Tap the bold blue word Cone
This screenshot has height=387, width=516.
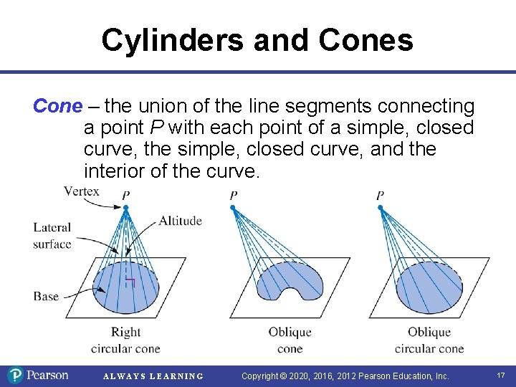57,107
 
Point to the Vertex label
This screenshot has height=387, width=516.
81,191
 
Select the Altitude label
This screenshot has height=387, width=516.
180,220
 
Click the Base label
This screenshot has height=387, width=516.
46,296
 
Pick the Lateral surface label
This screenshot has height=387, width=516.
52,236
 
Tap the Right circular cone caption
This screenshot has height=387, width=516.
125,340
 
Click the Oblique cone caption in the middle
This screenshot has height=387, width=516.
290,340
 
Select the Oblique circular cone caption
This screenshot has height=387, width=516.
429,340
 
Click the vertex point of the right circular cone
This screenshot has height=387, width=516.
125,208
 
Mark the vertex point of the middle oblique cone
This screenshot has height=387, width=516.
233,208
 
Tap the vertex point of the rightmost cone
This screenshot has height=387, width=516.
380,208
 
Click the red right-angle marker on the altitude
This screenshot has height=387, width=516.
130,282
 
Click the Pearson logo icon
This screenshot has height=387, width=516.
15,375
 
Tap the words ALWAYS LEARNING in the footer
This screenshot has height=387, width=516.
153,376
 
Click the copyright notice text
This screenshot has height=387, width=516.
345,376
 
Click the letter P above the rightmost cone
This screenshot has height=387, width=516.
380,196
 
